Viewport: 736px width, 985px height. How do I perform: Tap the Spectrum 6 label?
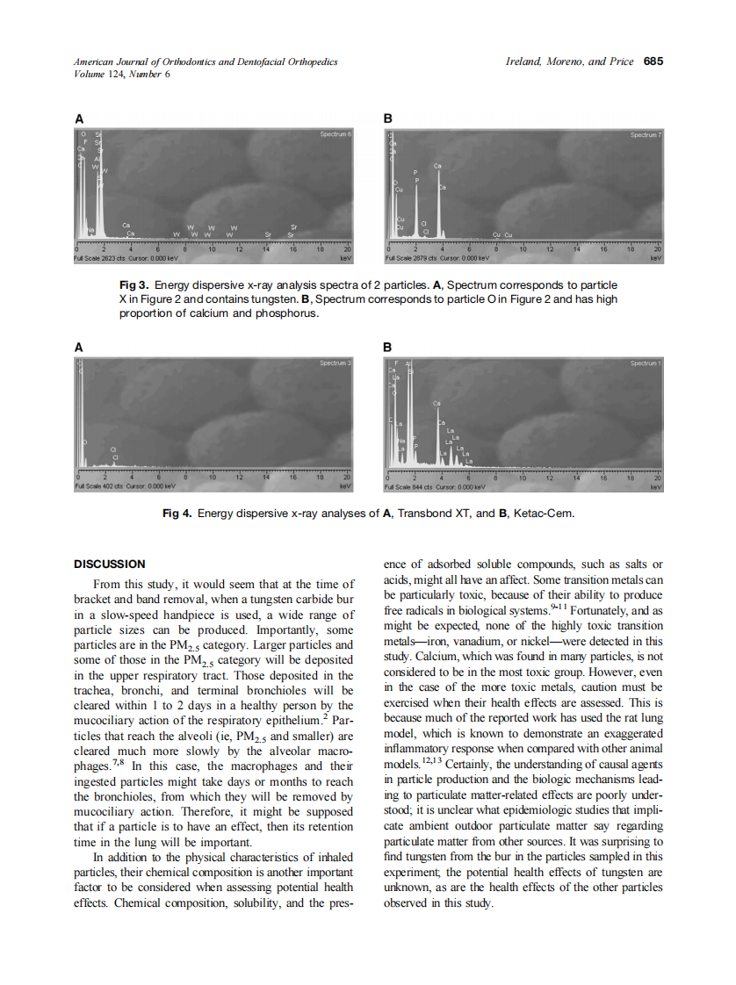pyautogui.click(x=336, y=134)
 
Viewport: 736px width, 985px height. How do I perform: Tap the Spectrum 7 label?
pyautogui.click(x=646, y=134)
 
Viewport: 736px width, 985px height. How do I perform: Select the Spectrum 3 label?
pyautogui.click(x=336, y=363)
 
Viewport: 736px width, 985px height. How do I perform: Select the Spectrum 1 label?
pyautogui.click(x=646, y=363)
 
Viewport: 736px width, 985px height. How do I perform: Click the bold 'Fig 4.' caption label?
pyautogui.click(x=178, y=513)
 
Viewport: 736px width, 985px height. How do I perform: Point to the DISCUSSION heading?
pyautogui.click(x=110, y=564)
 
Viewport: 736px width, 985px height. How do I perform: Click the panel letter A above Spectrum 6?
pyautogui.click(x=79, y=119)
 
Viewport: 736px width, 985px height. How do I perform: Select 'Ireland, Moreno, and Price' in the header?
pyautogui.click(x=570, y=61)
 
